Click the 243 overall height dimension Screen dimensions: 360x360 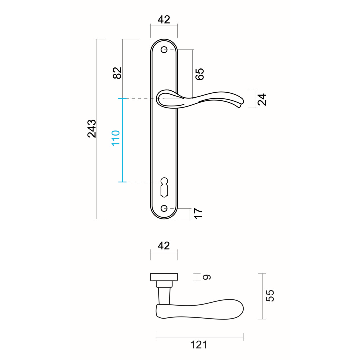(x=92, y=128)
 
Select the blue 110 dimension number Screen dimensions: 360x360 (x=115, y=138)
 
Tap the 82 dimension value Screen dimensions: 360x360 (x=117, y=73)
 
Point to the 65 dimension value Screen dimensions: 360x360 (x=199, y=74)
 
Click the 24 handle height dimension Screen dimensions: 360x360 (x=262, y=99)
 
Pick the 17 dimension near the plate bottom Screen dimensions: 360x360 (x=198, y=213)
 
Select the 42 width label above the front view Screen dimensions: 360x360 (x=164, y=19)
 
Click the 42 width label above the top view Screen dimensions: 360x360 (x=164, y=245)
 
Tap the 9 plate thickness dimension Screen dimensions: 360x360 (x=207, y=277)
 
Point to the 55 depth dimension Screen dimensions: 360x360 (x=270, y=296)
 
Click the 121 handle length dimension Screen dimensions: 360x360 (x=199, y=345)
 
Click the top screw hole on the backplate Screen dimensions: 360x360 (x=164, y=50)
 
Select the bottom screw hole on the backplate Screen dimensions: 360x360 (x=164, y=208)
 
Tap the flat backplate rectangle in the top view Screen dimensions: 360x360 (x=164, y=277)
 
